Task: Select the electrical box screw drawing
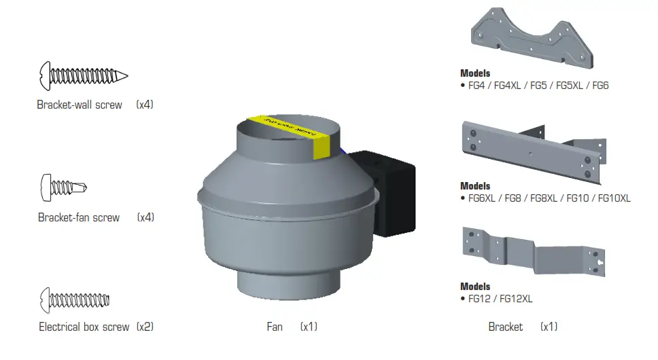pyautogui.click(x=75, y=299)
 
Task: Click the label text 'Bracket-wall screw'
pyautogui.click(x=80, y=105)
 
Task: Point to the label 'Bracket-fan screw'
pyautogui.click(x=79, y=217)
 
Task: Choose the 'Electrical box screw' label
pyautogui.click(x=84, y=327)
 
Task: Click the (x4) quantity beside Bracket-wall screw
pyautogui.click(x=145, y=105)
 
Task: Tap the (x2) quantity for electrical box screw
pyautogui.click(x=145, y=327)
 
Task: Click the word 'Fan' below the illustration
pyautogui.click(x=275, y=327)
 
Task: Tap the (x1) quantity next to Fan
pyautogui.click(x=309, y=327)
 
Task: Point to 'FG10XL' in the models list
pyautogui.click(x=614, y=198)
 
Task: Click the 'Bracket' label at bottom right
pyautogui.click(x=506, y=327)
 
